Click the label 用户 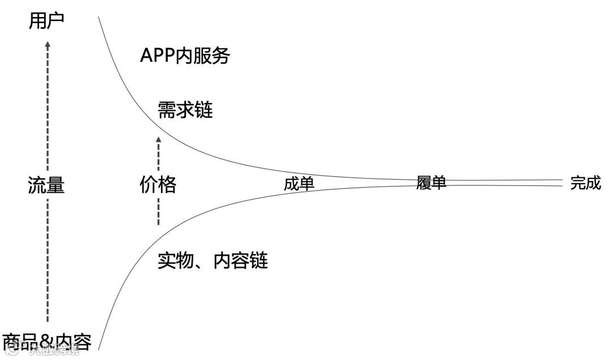point(46,21)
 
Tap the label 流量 point(46,185)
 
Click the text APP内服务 point(185,56)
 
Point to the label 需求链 point(186,110)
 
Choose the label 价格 point(158,185)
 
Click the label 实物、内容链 point(212,260)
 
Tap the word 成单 point(299,184)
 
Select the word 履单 point(431,183)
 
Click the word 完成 point(585,183)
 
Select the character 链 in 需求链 point(204,110)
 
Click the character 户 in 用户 point(56,21)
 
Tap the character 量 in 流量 point(56,185)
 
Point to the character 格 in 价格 point(167,185)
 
